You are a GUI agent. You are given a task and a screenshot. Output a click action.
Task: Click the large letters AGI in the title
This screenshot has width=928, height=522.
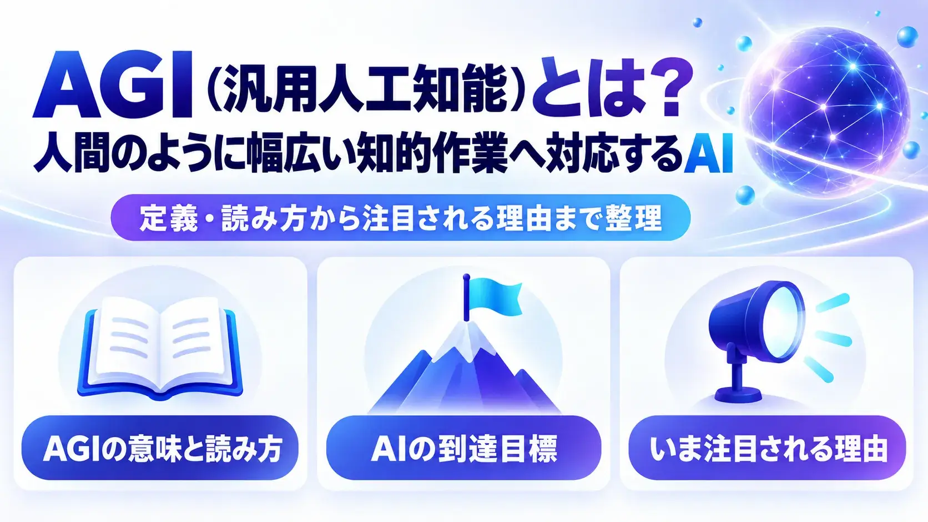pos(113,85)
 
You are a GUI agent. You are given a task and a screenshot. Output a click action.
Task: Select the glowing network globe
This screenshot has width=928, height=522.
pos(824,112)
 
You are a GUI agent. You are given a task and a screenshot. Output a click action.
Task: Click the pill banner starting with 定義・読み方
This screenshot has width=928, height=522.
pos(401,218)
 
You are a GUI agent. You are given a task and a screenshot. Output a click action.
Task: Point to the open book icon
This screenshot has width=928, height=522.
pos(160,348)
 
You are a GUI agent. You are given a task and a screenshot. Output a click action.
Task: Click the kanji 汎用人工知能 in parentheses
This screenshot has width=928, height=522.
pos(365,88)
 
